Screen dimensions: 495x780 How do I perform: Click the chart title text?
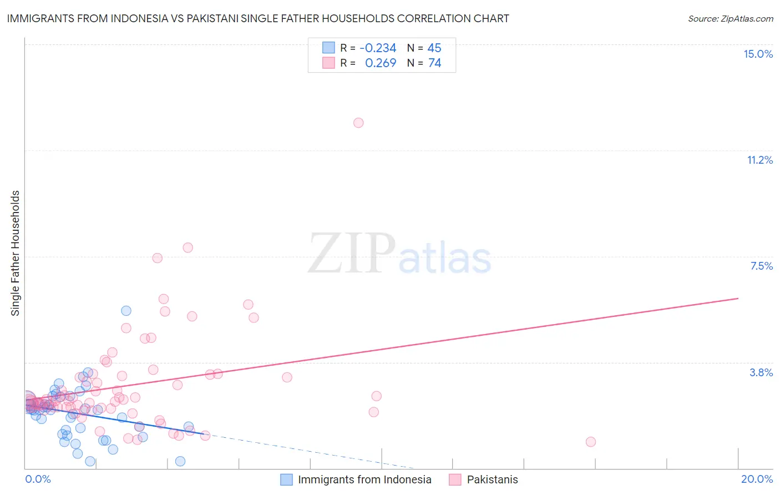tap(257, 18)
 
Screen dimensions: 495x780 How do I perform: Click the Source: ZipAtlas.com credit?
tap(730, 18)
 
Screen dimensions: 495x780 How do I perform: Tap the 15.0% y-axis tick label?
tap(758, 54)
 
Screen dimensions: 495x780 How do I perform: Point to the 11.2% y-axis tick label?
tap(759, 160)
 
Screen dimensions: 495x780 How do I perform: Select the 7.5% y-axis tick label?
tap(761, 266)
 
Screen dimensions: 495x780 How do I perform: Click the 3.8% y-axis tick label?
tap(761, 372)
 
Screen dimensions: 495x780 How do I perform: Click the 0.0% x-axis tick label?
tap(38, 479)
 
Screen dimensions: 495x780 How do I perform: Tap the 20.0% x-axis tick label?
tap(757, 479)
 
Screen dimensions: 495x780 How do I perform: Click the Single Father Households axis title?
tap(16, 253)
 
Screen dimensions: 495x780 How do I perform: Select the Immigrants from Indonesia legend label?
tap(364, 479)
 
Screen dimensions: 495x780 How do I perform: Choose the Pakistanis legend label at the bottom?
tap(492, 479)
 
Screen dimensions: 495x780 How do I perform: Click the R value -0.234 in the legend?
tap(378, 48)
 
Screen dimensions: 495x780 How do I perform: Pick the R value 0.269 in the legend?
tap(380, 63)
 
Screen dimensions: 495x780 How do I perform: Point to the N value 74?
tap(434, 63)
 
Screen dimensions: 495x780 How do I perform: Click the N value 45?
tap(434, 48)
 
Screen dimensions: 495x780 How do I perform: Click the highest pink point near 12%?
tap(358, 123)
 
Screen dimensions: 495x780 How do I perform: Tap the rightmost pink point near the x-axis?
tap(590, 442)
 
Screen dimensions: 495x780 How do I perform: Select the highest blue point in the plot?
tap(126, 311)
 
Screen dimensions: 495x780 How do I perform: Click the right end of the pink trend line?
tap(738, 299)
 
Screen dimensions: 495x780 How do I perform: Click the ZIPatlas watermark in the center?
tap(399, 254)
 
